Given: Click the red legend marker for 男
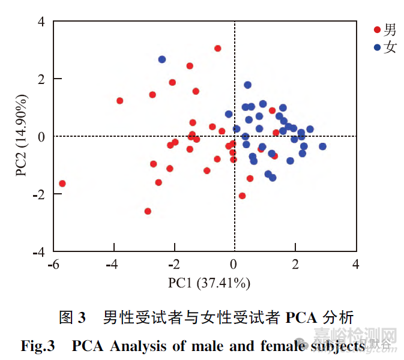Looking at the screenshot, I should coord(377,29).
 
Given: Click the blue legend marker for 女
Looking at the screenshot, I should coord(377,47).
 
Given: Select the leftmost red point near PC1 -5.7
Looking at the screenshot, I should coord(62,184).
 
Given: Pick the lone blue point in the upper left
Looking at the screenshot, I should coord(162,59).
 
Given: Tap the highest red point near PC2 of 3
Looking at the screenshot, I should coord(217,49).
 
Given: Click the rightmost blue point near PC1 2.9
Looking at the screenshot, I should coord(322,146).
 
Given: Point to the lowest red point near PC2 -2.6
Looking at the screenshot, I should coord(148,211).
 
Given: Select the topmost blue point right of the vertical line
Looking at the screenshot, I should coord(247,85).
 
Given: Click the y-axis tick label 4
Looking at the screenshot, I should coord(41,22).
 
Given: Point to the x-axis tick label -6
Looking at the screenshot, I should coord(53,265).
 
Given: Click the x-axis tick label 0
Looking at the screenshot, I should coord(234,265).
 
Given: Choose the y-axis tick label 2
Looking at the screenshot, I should coord(41,79).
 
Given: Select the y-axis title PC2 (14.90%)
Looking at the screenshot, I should coord(23,136).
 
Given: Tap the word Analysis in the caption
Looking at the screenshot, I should coord(141,346).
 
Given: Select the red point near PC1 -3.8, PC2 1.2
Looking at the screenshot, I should coord(119,101).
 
